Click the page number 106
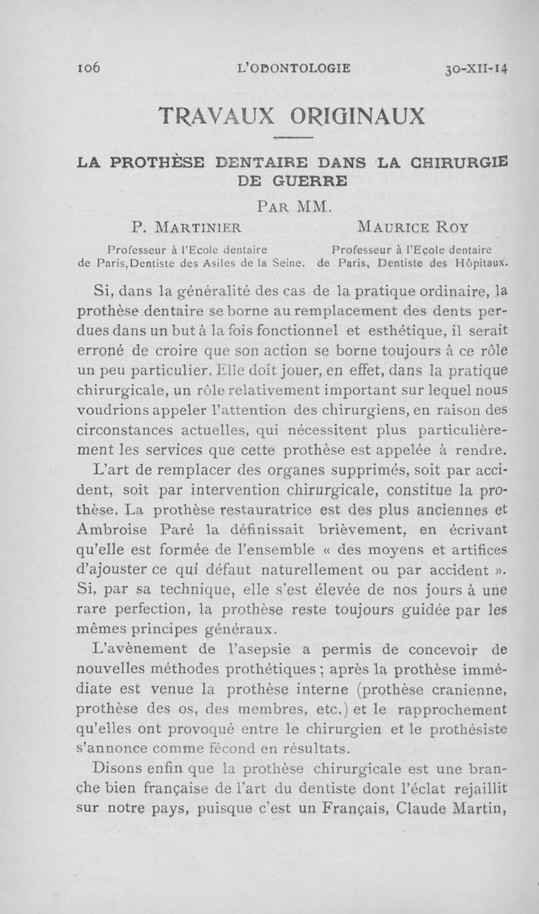tap(88, 67)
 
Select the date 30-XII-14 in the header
tap(476, 67)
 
